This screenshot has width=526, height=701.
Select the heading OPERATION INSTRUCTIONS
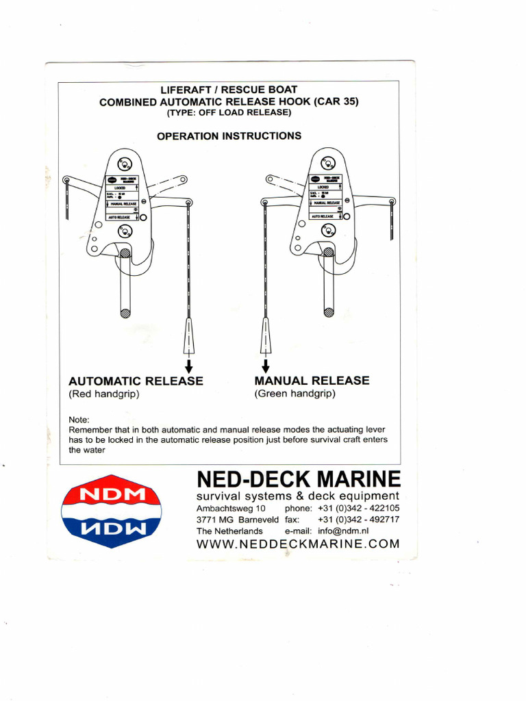point(229,136)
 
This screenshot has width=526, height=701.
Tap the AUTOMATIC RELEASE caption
point(136,381)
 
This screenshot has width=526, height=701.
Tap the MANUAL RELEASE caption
point(312,380)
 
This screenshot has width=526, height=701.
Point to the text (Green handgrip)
point(295,394)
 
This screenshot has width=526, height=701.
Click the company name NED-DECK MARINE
point(299,479)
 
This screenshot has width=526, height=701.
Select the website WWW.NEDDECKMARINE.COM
point(297,544)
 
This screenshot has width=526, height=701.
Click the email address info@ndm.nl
point(344,531)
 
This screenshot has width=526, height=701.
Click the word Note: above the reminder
point(80,420)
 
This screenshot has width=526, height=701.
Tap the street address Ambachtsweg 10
point(231,509)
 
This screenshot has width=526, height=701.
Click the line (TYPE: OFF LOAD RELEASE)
point(229,113)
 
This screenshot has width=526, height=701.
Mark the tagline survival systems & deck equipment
point(297,496)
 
